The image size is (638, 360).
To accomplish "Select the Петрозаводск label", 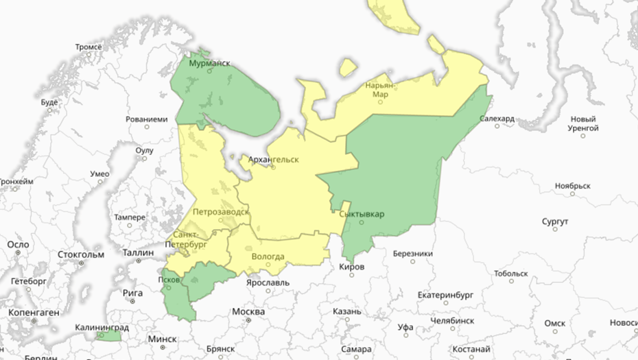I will [x=220, y=212].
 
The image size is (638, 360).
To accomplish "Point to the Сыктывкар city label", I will [x=362, y=214].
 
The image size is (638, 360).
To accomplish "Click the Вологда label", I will [x=268, y=256].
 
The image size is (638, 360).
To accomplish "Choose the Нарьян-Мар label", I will [x=381, y=90].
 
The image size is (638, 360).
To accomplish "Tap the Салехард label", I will [x=497, y=119].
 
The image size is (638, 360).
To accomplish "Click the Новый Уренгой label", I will [x=584, y=123].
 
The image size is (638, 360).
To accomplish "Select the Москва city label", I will [x=248, y=312].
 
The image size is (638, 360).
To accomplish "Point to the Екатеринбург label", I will [x=446, y=296].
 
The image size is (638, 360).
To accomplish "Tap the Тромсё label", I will [x=88, y=47].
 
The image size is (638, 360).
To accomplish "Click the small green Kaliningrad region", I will [x=109, y=336].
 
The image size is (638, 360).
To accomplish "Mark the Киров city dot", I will [x=352, y=275].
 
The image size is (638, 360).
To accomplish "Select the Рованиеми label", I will [x=147, y=119].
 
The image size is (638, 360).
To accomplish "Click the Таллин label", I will [x=139, y=252].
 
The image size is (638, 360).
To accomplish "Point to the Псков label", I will [x=169, y=280].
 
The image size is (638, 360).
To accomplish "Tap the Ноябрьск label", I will [x=573, y=186].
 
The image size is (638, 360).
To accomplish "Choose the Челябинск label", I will [x=452, y=320].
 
